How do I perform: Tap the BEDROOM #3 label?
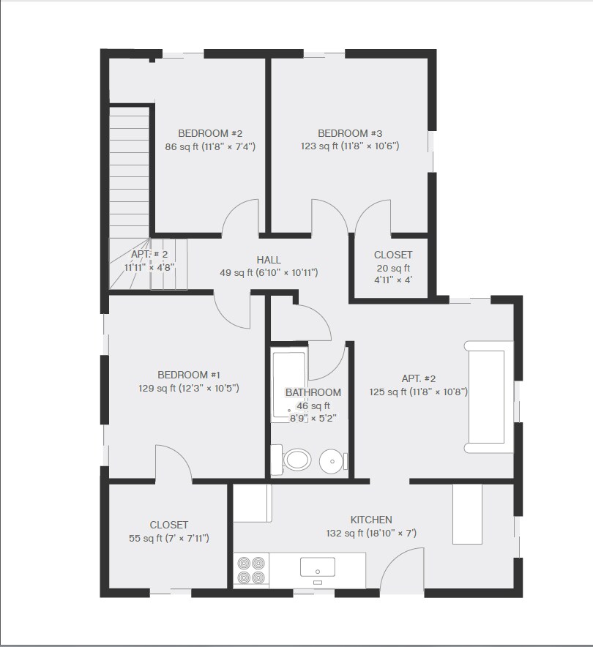350,133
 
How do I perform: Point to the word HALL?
269,260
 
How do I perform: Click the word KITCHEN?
370,520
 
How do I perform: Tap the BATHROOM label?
313,392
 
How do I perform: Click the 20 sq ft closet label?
393,255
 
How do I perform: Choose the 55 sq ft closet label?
168,525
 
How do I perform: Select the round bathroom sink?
333,460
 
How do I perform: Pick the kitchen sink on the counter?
318,567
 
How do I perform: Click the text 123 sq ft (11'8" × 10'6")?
350,146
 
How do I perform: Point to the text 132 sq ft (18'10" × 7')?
370,534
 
